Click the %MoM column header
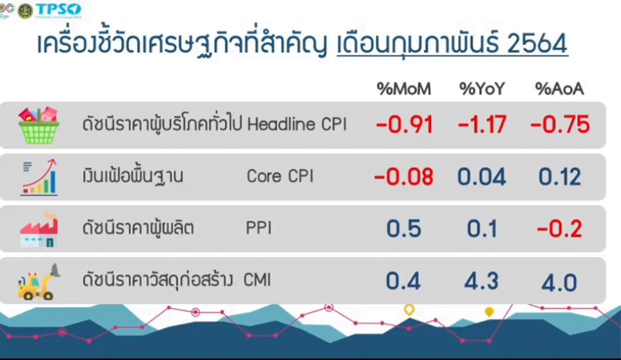click(x=404, y=88)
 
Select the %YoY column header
click(x=482, y=88)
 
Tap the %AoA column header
click(x=559, y=88)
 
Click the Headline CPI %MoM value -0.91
click(x=404, y=124)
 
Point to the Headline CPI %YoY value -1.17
click(x=482, y=124)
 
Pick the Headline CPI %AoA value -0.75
click(x=560, y=124)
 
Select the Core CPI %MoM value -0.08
click(x=404, y=177)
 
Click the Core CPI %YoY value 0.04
click(x=481, y=177)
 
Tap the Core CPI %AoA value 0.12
click(x=560, y=177)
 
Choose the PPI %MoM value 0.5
click(x=404, y=229)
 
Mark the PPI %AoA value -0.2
click(x=559, y=229)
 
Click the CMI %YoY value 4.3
click(x=481, y=281)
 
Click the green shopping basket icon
click(x=39, y=125)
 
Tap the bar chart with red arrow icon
click(x=40, y=177)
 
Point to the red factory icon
click(x=40, y=230)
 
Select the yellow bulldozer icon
click(x=38, y=282)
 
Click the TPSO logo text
click(x=58, y=9)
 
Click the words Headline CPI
click(x=297, y=124)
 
